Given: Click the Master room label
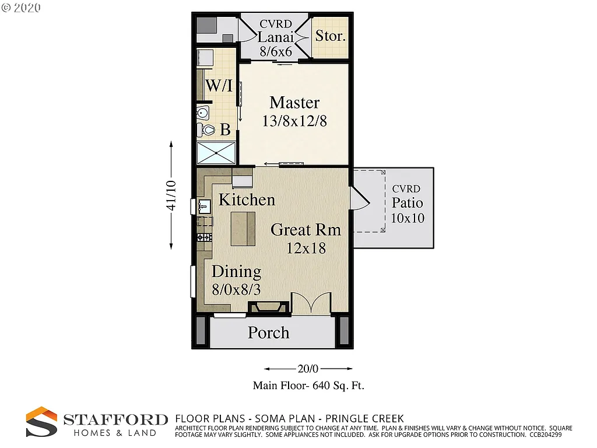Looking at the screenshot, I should pos(294,103).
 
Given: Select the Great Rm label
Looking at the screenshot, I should pos(305,229).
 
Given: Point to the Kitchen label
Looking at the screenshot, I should pos(247,199).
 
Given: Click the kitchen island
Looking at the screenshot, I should pos(243,229).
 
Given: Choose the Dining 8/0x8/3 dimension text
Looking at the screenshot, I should pos(236,289).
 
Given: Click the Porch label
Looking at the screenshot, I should pos(268,332).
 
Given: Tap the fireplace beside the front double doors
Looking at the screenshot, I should pos(269,307).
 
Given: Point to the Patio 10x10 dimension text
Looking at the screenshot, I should pos(408,218).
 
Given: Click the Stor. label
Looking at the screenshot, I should pos(330,36).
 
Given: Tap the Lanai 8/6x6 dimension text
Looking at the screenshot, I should pos(276,51).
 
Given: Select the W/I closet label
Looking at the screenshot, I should pos(219,86).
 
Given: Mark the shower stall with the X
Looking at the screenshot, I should pos(216,153).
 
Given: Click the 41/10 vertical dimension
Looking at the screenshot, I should pos(171,195).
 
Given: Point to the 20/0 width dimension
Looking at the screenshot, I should pos(308,369).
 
